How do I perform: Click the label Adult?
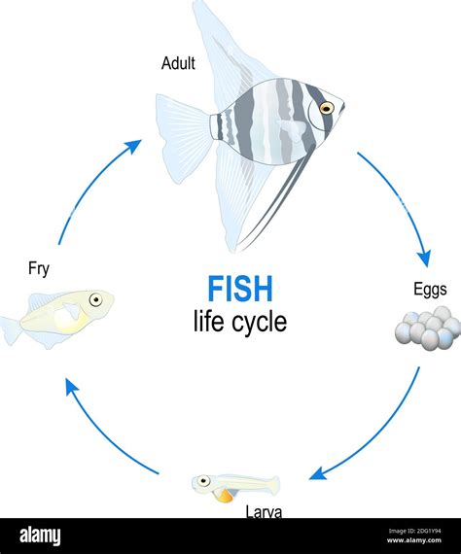[x=179, y=65]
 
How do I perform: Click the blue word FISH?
[x=239, y=289]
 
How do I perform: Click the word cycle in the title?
[x=255, y=321]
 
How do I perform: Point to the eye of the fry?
[x=95, y=300]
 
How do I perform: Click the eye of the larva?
[x=204, y=479]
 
